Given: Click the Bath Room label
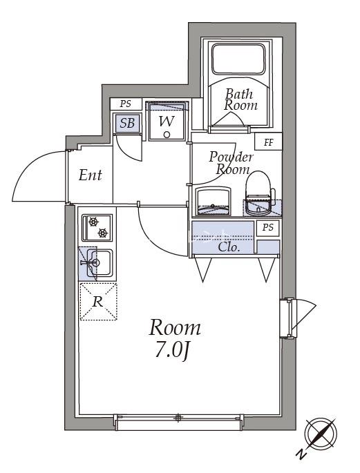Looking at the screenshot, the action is (240, 99).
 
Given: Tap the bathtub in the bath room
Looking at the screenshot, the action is (238, 59).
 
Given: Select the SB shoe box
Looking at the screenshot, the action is (127, 123).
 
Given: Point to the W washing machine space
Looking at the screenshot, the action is (167, 122).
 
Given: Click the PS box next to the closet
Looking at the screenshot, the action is (268, 227).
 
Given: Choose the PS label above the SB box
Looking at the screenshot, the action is (126, 104).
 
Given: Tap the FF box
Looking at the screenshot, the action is (268, 142).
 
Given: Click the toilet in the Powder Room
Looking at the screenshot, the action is (259, 193).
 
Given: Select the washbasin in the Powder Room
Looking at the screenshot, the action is (214, 201).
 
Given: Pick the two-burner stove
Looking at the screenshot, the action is (97, 227).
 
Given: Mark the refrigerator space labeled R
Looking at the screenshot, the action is (98, 301).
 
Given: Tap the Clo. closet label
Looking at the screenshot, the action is (229, 248).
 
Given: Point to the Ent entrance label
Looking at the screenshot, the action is (91, 175).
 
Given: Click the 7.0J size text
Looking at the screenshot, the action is (171, 351).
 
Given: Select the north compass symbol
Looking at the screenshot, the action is (321, 434).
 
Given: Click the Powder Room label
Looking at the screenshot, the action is (231, 163).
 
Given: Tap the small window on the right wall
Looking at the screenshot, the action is (287, 318).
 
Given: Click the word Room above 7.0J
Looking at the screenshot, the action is (175, 328).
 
